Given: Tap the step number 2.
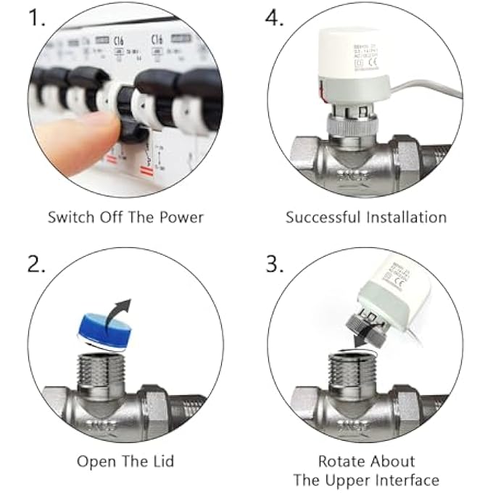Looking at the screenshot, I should [37, 265].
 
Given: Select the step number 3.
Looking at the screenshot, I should [275, 265].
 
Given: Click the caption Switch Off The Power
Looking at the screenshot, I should [125, 217].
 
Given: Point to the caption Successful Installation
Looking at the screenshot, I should [365, 217].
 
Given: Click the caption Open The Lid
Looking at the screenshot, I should [126, 461].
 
